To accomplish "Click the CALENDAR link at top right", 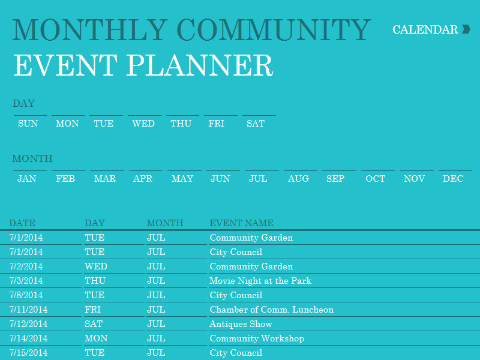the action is pyautogui.click(x=425, y=29).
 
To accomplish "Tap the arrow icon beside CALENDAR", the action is pyautogui.click(x=466, y=29).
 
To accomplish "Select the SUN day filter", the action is pyautogui.click(x=28, y=124).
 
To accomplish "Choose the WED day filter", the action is pyautogui.click(x=143, y=124).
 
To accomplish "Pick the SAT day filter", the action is pyautogui.click(x=256, y=124).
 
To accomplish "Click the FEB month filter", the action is pyautogui.click(x=65, y=178).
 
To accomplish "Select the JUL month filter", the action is pyautogui.click(x=258, y=178).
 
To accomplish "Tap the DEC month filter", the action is pyautogui.click(x=453, y=178).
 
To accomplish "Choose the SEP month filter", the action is pyautogui.click(x=335, y=178).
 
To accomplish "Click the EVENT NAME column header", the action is pyautogui.click(x=242, y=223).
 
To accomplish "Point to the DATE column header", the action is pyautogui.click(x=22, y=223).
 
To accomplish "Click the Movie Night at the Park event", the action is pyautogui.click(x=260, y=281).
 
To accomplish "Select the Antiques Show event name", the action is pyautogui.click(x=241, y=324).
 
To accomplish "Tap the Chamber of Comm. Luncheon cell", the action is pyautogui.click(x=272, y=310).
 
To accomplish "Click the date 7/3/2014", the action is pyautogui.click(x=26, y=281).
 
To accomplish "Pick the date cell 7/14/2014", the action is pyautogui.click(x=28, y=338).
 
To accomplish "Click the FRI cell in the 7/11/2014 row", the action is pyautogui.click(x=93, y=310).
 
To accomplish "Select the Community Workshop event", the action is pyautogui.click(x=257, y=338).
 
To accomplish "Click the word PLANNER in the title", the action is pyautogui.click(x=200, y=65).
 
